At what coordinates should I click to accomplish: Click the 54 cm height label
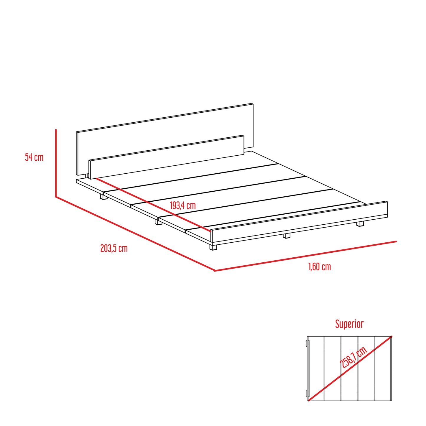[34, 157]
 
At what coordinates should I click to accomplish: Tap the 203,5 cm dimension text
[114, 248]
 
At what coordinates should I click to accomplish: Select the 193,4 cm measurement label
[183, 205]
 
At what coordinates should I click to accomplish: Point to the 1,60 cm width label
[320, 267]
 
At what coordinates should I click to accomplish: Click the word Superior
[349, 324]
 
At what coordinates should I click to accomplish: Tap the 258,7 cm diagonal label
[353, 357]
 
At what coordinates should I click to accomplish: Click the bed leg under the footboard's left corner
[213, 247]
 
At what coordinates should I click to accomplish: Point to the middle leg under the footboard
[287, 236]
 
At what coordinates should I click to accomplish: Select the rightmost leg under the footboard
[360, 224]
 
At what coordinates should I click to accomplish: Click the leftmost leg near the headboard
[103, 196]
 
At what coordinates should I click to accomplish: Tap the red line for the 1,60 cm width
[305, 256]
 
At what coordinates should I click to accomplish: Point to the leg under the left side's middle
[158, 222]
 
